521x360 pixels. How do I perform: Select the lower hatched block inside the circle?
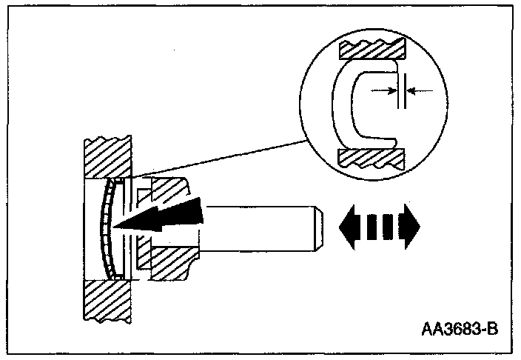[372, 157]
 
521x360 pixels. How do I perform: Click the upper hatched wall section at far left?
[107, 156]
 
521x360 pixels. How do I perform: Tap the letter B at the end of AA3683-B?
[489, 327]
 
